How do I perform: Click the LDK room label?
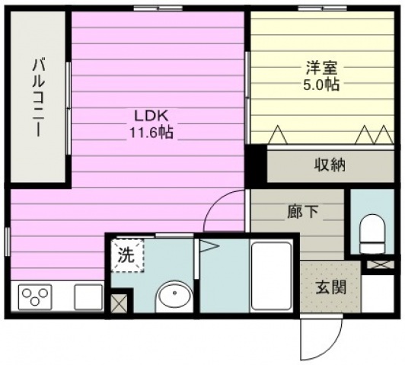click(x=151, y=116)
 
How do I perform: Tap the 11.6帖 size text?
click(x=151, y=133)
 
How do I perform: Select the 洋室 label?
click(x=321, y=68)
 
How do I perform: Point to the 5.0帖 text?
click(x=321, y=85)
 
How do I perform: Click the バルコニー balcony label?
click(x=39, y=98)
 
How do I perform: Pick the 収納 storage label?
click(x=330, y=165)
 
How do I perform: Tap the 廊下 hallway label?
click(x=303, y=211)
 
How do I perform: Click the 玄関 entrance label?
click(x=331, y=287)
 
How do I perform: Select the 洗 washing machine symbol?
click(x=127, y=255)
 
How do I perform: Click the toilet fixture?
click(x=373, y=234)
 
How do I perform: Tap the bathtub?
click(x=272, y=276)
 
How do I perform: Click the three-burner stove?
click(x=35, y=296)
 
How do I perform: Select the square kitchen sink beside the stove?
click(x=88, y=296)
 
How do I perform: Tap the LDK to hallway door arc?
click(x=216, y=202)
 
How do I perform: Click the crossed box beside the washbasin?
click(x=119, y=303)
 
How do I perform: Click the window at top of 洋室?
click(x=322, y=8)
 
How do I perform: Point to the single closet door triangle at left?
click(x=278, y=134)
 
